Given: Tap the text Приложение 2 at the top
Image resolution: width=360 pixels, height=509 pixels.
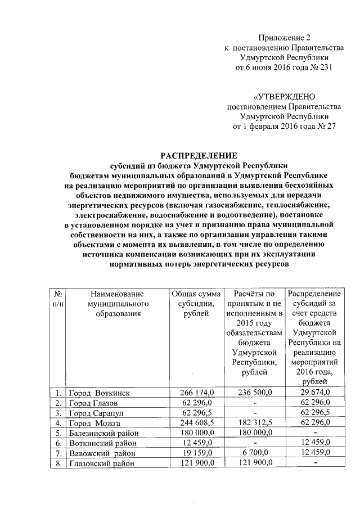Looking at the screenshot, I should pos(284,38).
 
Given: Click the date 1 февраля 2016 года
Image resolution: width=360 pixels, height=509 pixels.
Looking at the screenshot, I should pos(273,127).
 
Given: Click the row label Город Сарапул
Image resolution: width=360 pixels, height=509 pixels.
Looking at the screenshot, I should pos(96,413).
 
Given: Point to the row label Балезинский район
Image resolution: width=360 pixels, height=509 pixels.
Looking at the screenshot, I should pos(104,433).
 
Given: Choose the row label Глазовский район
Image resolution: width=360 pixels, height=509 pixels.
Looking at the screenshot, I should pos(102,463).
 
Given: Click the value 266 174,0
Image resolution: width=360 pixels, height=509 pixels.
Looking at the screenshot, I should pos(196,393).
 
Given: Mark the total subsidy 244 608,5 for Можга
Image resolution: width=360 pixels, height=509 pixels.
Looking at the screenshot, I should pos(196,423).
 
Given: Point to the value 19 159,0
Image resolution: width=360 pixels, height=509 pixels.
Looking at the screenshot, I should pos(196,453).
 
